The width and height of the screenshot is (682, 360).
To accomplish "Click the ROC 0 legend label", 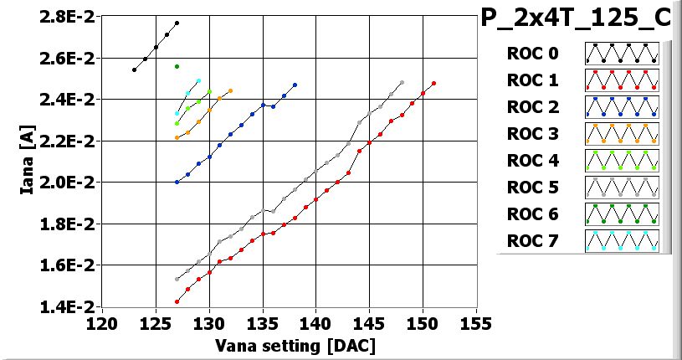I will pos(531,54).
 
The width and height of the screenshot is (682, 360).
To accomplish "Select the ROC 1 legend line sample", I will pos(622,80).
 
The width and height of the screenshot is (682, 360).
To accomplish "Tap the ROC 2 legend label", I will pos(531,107).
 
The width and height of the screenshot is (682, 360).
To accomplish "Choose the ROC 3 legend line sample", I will pos(622,134).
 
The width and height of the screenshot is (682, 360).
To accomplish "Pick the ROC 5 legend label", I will pos(531,188).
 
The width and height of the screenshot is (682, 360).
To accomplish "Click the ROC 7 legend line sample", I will pos(622,242).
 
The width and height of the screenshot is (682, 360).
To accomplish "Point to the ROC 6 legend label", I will pos(531,215).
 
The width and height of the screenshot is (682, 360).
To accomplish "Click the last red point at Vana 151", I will pos(433,84).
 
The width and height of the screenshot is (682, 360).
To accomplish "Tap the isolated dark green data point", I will pos(177,66).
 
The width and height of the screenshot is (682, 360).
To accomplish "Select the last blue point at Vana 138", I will pos(295,85).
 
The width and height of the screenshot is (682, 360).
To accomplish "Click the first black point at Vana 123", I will pos(134,69).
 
